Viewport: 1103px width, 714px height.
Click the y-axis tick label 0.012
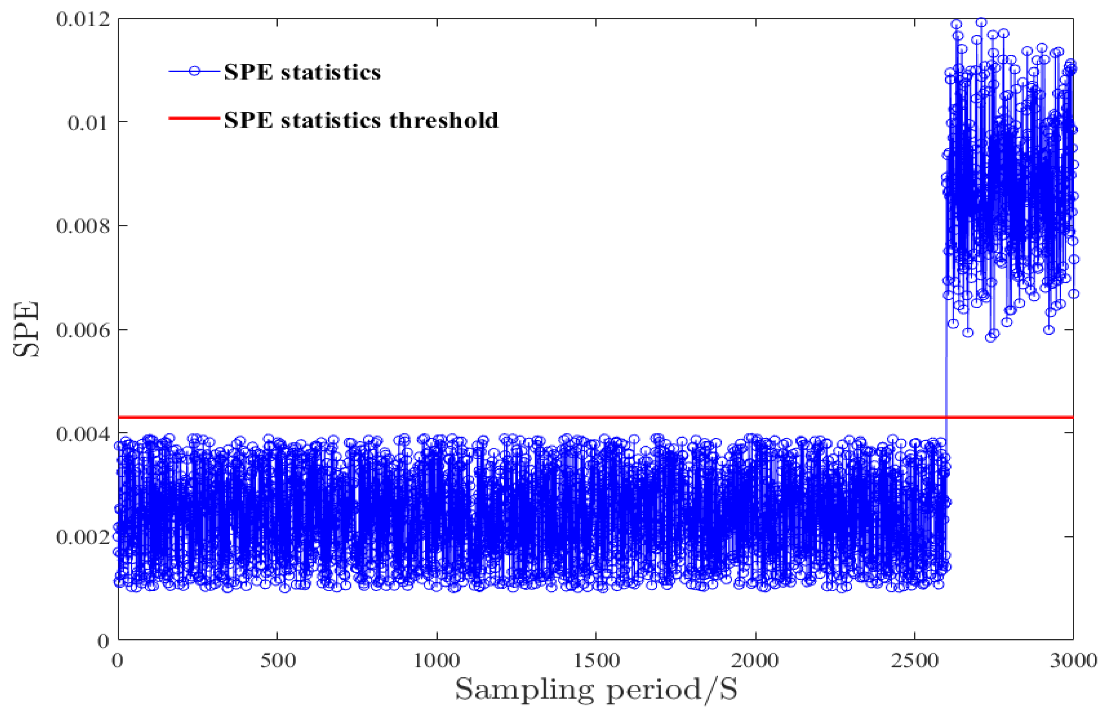[84, 19]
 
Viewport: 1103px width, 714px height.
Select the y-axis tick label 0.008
[84, 226]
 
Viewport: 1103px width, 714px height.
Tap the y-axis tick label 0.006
[84, 330]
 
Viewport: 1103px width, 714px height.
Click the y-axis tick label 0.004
[84, 434]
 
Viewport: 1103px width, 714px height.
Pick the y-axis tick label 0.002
[84, 537]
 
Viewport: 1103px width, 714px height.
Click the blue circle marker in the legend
[194, 71]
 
